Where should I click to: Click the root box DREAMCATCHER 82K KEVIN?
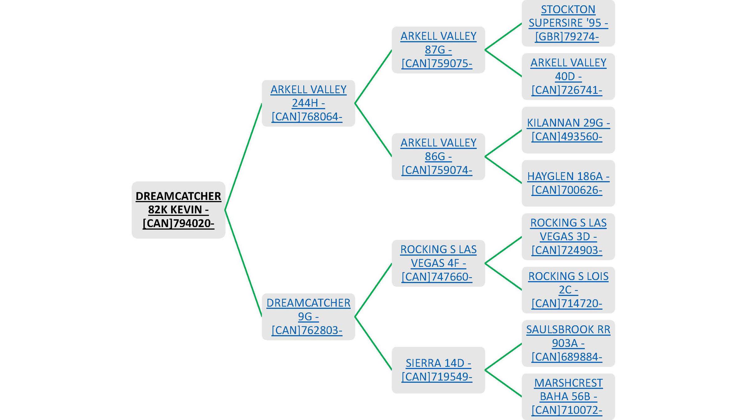coord(178,210)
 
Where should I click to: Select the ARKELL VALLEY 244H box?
coord(308,103)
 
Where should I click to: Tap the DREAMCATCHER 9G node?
coord(308,316)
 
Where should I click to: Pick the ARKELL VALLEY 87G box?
coord(438,50)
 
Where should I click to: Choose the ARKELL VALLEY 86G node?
coord(438,156)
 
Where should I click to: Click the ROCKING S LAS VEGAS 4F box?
coord(438,263)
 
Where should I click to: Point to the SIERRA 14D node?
coord(438,370)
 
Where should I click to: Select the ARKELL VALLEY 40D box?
coord(568,77)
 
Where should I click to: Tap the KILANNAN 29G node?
coord(568,130)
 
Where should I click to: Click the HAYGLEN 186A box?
coord(568,183)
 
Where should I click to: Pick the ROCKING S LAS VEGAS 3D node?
coord(568,236)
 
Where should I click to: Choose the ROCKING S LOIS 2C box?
coord(568,290)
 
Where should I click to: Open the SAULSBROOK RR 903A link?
coord(568,343)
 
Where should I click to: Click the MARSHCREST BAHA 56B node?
coord(568,397)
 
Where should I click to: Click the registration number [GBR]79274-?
coord(567,37)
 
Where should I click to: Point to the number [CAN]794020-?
coord(178,223)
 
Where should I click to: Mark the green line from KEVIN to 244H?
coord(243,156)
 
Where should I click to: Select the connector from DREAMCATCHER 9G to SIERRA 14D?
coord(373,343)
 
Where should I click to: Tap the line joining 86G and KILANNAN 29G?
coord(503,143)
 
